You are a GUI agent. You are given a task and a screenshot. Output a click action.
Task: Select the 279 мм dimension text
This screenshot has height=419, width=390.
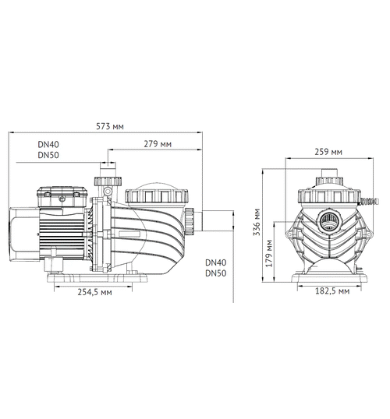(159, 144)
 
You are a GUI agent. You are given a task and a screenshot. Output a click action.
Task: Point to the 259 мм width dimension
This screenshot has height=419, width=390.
(325, 152)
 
